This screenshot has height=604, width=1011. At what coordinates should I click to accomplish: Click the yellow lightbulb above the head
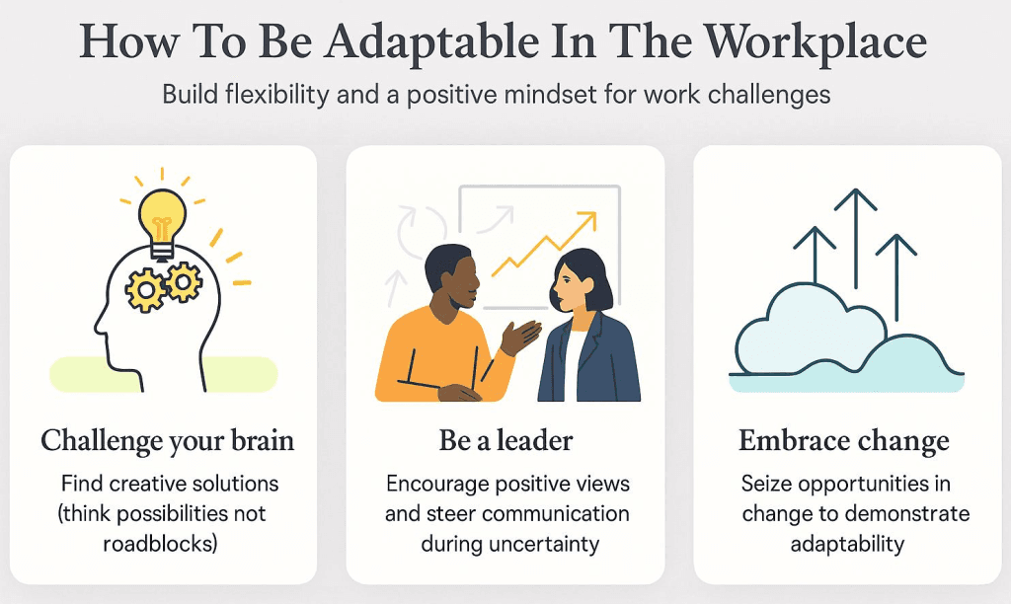(163, 213)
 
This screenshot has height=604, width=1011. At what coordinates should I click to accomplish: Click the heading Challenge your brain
(167, 440)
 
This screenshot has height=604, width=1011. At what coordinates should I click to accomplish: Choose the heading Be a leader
(505, 440)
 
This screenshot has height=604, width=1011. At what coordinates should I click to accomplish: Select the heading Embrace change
(844, 440)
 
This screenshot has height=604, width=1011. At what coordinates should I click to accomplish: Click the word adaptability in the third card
(844, 544)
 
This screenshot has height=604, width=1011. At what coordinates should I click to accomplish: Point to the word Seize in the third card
(766, 485)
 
